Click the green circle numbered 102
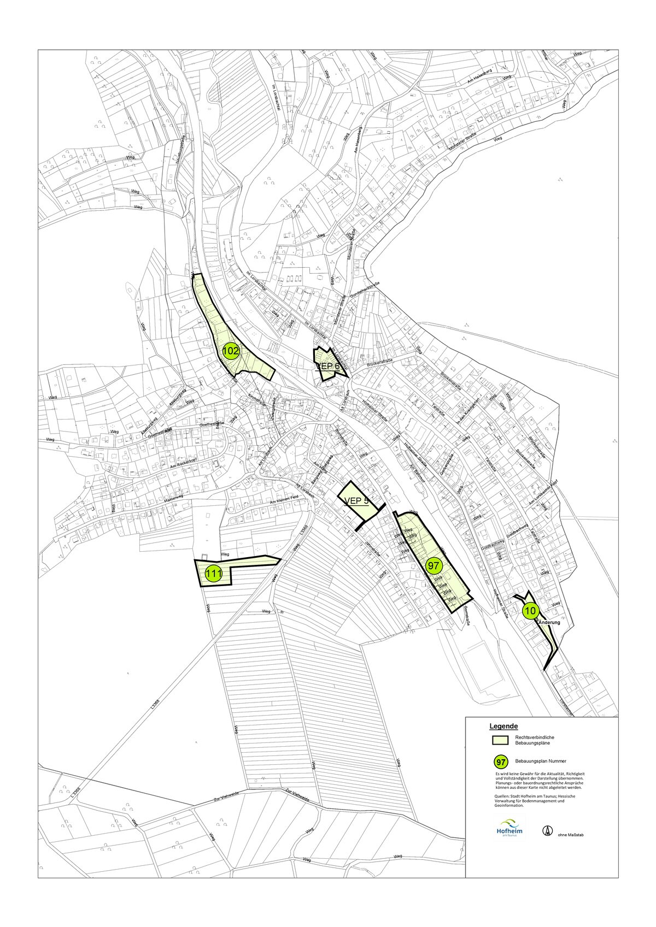click(x=231, y=352)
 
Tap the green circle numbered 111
click(x=213, y=574)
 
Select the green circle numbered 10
click(x=530, y=611)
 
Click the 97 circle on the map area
click(x=434, y=565)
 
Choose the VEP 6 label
click(x=327, y=367)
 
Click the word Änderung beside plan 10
click(x=552, y=622)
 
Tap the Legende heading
click(x=503, y=727)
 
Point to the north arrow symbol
click(x=546, y=830)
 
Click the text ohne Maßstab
click(x=571, y=835)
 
